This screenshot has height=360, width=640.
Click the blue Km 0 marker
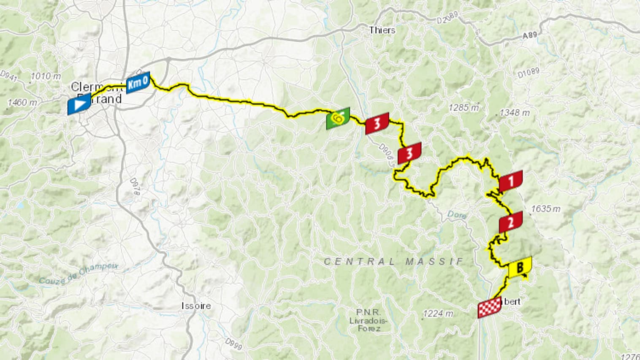(x=138, y=83)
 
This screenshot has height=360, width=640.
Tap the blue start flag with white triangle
(x=79, y=104)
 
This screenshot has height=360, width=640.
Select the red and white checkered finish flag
(x=489, y=308)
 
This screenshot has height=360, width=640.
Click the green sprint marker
(x=338, y=119)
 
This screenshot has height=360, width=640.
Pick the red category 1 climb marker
(x=511, y=181)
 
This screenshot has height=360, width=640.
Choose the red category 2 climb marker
(x=511, y=222)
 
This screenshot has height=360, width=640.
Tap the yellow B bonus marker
(x=520, y=267)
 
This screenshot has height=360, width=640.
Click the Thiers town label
(x=382, y=30)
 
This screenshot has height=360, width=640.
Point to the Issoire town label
(x=196, y=306)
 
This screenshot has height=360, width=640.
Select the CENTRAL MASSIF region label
(x=393, y=262)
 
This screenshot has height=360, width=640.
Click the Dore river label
(x=457, y=215)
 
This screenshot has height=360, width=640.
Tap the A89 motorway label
(x=530, y=36)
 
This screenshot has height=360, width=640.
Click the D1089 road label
(x=528, y=73)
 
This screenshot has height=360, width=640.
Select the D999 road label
(x=233, y=344)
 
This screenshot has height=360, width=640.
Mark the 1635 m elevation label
(x=545, y=209)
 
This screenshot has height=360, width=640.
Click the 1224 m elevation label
(x=438, y=313)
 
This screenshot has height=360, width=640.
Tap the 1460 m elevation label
(x=22, y=102)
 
